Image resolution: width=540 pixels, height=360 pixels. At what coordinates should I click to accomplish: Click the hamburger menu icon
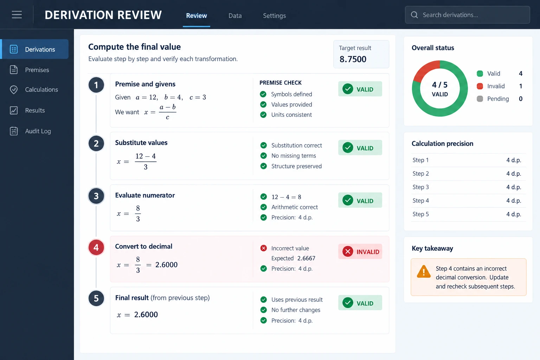point(17,14)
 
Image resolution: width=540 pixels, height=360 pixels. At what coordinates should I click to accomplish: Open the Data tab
point(235,16)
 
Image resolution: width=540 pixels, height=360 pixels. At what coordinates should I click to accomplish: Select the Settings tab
point(274,16)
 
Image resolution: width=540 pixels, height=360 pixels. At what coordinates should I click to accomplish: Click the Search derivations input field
point(467,15)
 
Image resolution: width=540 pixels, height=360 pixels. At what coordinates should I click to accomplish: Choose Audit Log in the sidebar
point(38,131)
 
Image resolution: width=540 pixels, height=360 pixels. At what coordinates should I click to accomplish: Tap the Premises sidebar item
point(37,70)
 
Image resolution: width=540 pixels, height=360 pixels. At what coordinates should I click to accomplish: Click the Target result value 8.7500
point(353,59)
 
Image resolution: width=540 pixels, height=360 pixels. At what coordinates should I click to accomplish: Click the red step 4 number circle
point(96,247)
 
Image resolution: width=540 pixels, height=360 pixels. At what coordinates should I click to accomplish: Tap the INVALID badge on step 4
point(360,251)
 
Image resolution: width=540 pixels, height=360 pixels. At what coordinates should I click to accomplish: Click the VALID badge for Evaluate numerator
point(360,200)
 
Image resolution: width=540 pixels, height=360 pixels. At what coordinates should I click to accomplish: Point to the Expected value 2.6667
point(306,258)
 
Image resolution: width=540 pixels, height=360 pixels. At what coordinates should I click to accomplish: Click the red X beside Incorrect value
point(263,248)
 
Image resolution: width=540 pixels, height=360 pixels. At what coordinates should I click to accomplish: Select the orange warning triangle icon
point(424,271)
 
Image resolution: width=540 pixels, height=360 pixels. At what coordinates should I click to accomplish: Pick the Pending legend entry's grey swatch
point(480,99)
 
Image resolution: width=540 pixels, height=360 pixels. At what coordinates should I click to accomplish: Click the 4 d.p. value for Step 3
point(514,187)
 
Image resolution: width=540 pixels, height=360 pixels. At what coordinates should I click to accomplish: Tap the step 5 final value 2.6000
point(146,314)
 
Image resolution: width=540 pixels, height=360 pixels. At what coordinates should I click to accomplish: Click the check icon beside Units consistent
point(263,115)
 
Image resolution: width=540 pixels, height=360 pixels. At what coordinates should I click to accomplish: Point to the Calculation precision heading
point(442,143)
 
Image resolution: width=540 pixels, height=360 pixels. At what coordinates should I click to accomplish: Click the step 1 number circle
point(96,85)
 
